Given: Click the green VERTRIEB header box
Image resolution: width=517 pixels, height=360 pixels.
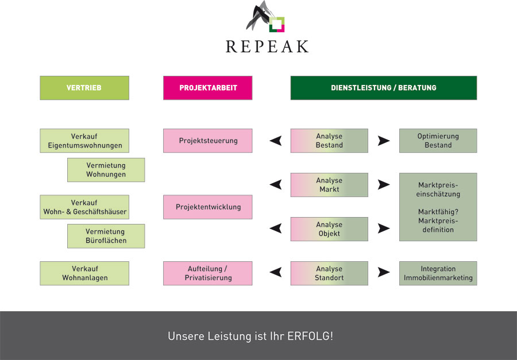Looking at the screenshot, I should (84, 88).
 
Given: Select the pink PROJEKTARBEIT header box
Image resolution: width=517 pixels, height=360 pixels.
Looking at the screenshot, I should (208, 88).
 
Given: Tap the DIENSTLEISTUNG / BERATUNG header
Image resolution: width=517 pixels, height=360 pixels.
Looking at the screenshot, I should (384, 88).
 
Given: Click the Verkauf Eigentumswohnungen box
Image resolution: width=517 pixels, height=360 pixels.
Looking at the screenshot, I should (84, 141).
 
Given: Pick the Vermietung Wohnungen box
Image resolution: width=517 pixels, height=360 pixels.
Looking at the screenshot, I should (106, 170).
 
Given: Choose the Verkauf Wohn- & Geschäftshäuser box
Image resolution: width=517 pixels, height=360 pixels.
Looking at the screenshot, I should (84, 207).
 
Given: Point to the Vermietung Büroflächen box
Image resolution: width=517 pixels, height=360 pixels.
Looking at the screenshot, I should (106, 236).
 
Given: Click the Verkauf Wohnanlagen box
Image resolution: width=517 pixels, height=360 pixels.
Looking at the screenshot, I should (84, 273).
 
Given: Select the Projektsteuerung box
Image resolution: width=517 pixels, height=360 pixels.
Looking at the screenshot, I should (208, 141).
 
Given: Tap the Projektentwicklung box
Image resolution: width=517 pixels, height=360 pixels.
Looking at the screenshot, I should (208, 207).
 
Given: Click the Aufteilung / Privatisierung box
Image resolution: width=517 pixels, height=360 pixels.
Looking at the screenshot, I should (208, 273).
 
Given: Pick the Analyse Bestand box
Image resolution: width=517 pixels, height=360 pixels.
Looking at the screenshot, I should (329, 141).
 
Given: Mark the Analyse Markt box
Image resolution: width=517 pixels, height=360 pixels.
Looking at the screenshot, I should (329, 185).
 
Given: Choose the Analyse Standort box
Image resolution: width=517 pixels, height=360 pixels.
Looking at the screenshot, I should (329, 273).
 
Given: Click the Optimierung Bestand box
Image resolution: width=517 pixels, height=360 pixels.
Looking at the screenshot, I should (438, 141).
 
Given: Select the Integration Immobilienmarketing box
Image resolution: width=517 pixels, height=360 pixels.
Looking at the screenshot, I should (438, 273).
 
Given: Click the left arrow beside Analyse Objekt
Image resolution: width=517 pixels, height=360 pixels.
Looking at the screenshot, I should (276, 229).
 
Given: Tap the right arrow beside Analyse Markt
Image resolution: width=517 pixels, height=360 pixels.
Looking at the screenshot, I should (383, 185).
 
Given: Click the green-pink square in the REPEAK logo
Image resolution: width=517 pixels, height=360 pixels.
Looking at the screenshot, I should (277, 24).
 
